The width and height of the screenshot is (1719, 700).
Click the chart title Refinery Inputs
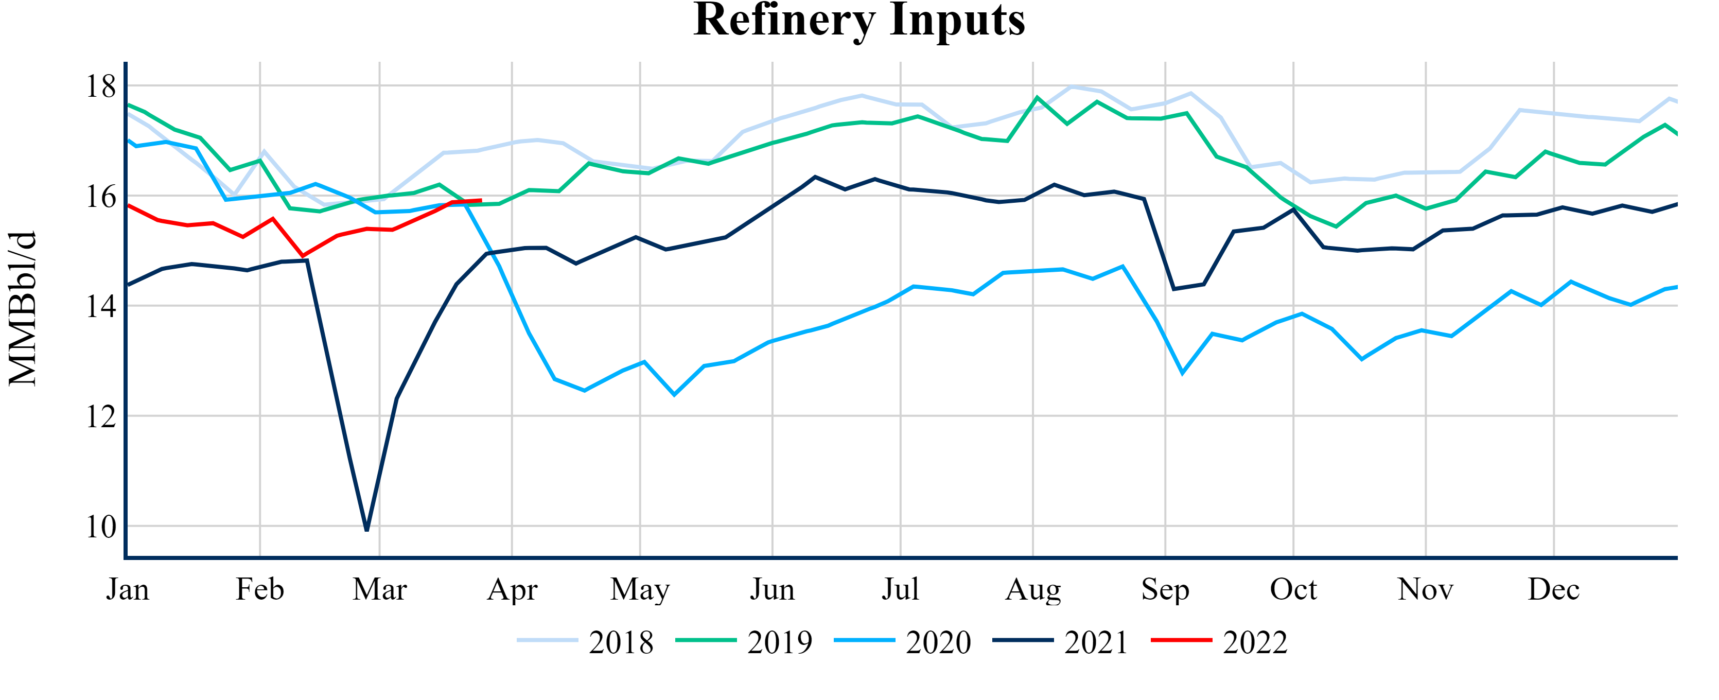859,20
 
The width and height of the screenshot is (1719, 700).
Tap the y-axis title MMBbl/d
23,308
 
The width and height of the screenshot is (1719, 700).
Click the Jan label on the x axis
128,590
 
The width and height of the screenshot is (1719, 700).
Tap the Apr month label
512,590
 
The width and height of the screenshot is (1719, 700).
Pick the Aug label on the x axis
1032,590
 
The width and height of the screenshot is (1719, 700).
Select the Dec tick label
1553,590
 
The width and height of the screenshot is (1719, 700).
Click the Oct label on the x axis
1293,590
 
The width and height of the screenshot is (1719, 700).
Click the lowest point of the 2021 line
367,530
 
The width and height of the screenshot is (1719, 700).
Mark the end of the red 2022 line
481,200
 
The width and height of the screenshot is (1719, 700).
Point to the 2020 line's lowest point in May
674,394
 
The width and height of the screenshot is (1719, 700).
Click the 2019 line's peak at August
1037,97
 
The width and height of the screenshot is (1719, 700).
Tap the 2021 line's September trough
1174,289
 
